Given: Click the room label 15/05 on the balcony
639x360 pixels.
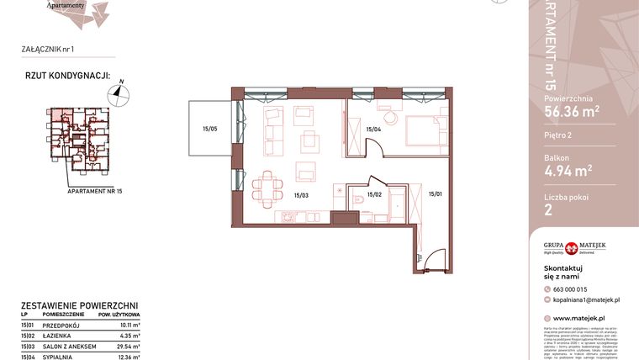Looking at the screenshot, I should coord(209,129).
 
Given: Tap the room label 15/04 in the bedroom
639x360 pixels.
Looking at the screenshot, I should coord(374,129).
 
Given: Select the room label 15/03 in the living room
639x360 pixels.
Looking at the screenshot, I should coord(301,195).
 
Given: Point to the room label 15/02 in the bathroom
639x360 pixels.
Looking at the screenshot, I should coord(374,195).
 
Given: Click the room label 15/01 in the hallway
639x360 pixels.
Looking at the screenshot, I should coord(435,195).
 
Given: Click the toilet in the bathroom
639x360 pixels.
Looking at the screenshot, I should coord(357,199).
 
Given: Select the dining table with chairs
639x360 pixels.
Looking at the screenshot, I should coord(269,188).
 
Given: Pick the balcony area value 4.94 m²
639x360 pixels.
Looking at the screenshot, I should coord(568,172).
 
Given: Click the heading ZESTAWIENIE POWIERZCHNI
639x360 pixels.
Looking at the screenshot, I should coord(79,306).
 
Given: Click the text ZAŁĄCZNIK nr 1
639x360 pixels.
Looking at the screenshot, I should coord(50,50).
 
